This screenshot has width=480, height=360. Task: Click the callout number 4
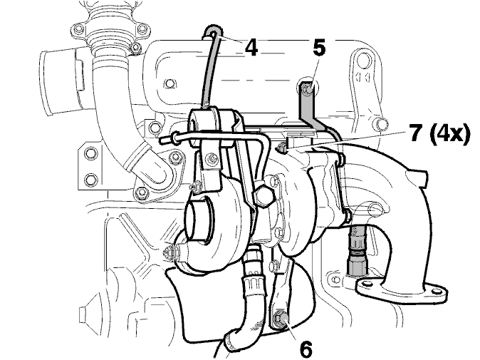pos(251,48)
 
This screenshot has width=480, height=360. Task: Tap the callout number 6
pos(307,349)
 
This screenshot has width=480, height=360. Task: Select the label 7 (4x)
pos(439,133)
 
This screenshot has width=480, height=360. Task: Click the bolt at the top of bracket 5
pos(307,89)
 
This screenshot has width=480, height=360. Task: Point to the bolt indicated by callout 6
pos(279,319)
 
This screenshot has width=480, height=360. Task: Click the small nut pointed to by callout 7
pos(281,148)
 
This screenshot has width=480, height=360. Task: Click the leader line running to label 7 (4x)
pos(347,140)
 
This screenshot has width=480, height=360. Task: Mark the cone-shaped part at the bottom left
pos(91,312)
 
